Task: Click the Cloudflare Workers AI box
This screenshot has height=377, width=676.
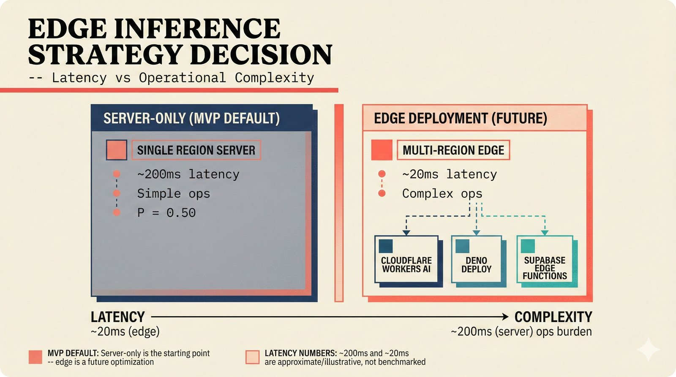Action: [406, 259]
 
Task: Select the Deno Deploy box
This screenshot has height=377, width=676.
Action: [476, 259]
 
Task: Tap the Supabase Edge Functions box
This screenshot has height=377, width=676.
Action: [545, 259]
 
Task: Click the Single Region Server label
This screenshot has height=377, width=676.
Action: [196, 150]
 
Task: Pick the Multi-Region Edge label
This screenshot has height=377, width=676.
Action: [453, 150]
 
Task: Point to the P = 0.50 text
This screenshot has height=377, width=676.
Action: [166, 212]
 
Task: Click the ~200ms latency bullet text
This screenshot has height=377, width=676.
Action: [188, 174]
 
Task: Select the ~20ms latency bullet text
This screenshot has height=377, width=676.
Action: [449, 174]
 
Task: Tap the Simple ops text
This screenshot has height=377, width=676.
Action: [173, 194]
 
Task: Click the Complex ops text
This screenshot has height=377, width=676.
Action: [442, 194]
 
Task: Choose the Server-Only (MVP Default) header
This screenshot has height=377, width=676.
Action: [191, 118]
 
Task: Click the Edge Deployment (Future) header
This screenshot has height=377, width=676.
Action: [460, 118]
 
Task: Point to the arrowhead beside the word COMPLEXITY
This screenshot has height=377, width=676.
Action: [505, 317]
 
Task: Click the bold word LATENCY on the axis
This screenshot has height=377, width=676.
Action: [117, 317]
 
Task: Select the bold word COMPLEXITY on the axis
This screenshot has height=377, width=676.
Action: [553, 317]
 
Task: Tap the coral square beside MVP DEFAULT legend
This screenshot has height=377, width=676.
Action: [35, 357]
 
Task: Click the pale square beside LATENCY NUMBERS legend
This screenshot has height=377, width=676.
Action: [252, 357]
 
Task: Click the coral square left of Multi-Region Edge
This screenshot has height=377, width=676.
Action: [382, 150]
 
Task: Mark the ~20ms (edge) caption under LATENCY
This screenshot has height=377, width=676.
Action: [125, 332]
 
